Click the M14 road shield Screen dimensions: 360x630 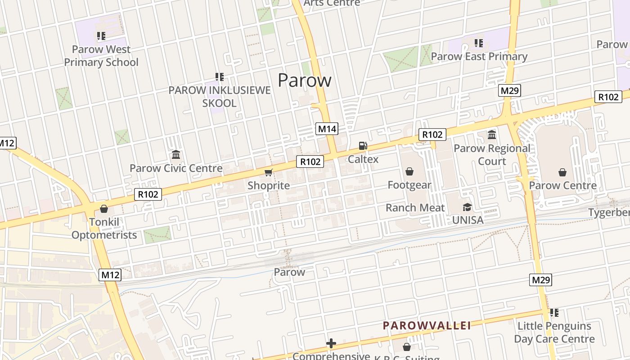pyautogui.click(x=327, y=129)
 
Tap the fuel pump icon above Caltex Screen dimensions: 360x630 pyautogui.click(x=362, y=146)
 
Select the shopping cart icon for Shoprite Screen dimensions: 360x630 pyautogui.click(x=269, y=172)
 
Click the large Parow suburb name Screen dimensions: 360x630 pyautogui.click(x=305, y=80)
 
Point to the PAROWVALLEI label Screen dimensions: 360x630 pyautogui.click(x=427, y=325)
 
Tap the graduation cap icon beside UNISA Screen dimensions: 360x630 pyautogui.click(x=468, y=207)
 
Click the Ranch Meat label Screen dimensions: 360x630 pyautogui.click(x=415, y=208)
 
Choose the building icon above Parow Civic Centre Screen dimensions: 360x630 pyautogui.click(x=176, y=155)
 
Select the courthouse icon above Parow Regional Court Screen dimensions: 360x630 pyautogui.click(x=492, y=135)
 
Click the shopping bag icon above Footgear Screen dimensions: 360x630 pyautogui.click(x=409, y=171)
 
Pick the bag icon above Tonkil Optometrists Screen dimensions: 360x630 pyautogui.click(x=104, y=209)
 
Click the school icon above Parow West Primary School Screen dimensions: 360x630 pyautogui.click(x=101, y=36)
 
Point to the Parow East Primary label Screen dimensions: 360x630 pyautogui.click(x=479, y=57)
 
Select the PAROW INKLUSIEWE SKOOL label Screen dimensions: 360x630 pyautogui.click(x=219, y=97)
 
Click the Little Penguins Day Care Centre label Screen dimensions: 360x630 pyautogui.click(x=554, y=332)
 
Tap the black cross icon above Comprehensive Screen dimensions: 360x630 pyautogui.click(x=331, y=344)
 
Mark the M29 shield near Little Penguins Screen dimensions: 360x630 pyautogui.click(x=540, y=280)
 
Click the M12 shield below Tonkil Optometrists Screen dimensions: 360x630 pyautogui.click(x=110, y=274)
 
